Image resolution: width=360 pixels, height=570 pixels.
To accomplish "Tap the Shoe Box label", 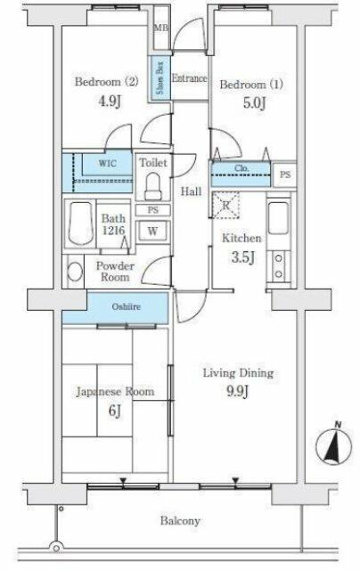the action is tap(160, 77).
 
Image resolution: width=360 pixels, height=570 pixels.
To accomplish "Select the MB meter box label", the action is tap(160, 28).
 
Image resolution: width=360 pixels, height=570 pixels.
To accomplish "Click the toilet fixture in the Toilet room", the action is tap(153, 186).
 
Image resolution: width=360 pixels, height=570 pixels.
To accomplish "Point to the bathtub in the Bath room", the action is tap(80, 224).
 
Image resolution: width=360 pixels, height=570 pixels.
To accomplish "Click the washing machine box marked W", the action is tap(152, 231).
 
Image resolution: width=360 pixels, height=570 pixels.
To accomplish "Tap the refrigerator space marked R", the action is tap(225, 205).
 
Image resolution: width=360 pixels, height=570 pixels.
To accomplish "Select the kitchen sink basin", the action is tap(279, 218).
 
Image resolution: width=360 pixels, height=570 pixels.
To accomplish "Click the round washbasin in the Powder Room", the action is tap(75, 272).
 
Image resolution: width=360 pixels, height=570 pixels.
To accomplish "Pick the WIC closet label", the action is tap(107, 163).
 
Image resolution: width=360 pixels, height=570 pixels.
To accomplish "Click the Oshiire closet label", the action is tap(126, 306).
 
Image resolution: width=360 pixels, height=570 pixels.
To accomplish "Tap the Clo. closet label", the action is tap(241, 168).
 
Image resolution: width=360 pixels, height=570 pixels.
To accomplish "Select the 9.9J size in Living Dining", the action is tap(237, 391).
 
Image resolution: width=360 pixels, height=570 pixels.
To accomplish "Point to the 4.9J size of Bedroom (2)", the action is tap(110, 101).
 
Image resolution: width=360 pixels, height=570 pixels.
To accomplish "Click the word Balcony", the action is tap(180, 521).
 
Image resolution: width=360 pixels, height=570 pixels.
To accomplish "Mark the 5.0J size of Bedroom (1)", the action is tap(255, 102).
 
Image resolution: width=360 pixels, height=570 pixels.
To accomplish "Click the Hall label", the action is tap(192, 191).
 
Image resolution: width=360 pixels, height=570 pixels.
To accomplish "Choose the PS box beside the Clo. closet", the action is tap(285, 175).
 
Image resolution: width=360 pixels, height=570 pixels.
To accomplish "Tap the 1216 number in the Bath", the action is tap(113, 231).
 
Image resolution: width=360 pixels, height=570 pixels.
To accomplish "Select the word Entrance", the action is tap(189, 78).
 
